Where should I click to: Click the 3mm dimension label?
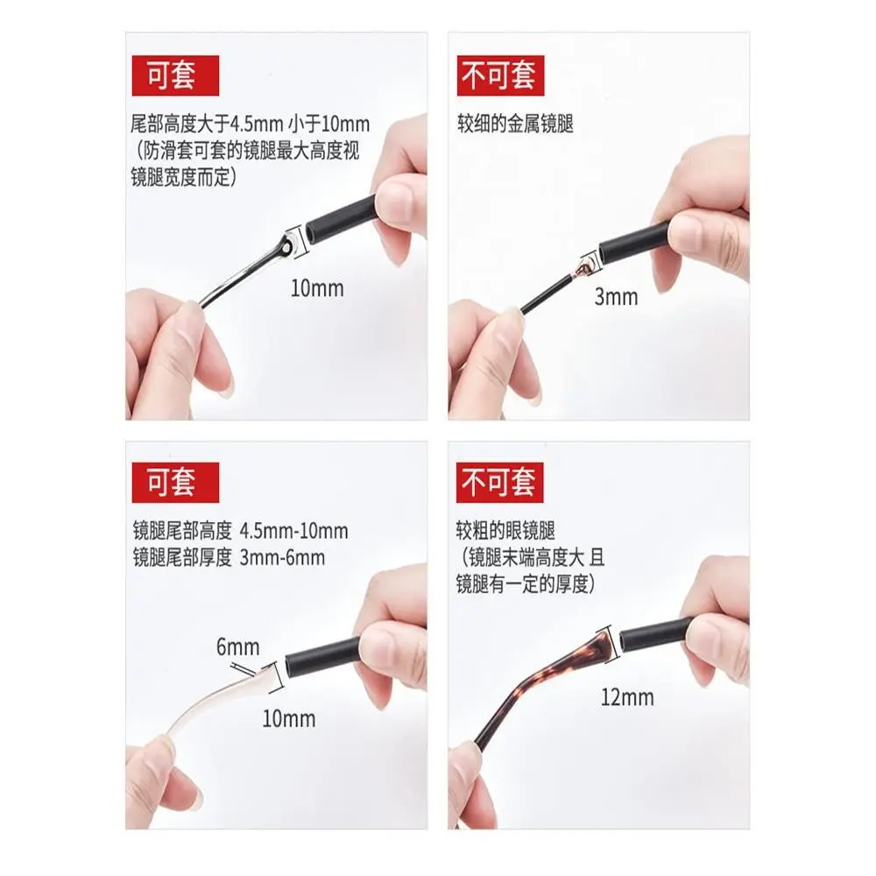[616, 297]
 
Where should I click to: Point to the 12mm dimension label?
[627, 698]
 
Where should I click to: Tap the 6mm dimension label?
[238, 648]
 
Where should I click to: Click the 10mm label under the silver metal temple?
[317, 287]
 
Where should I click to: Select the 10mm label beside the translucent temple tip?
[289, 719]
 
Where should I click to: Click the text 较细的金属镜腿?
[514, 124]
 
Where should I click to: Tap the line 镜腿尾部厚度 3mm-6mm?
[229, 557]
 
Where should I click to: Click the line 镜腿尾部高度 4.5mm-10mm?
[240, 531]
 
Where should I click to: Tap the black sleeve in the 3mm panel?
[635, 244]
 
